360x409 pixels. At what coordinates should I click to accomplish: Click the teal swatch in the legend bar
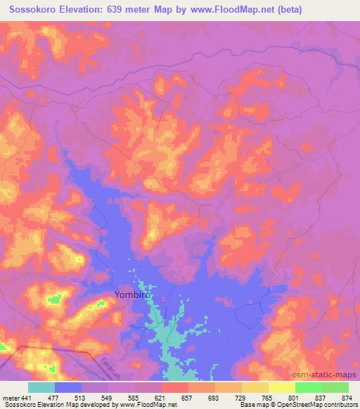pos(41,387)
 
